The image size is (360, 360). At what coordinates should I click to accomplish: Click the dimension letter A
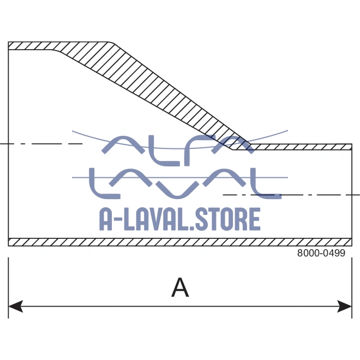180,287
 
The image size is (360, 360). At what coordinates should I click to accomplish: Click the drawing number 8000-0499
321,254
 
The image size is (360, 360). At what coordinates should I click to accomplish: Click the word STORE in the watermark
225,219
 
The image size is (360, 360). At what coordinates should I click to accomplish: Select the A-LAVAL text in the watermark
142,219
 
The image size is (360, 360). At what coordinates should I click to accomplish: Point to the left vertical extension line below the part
8,284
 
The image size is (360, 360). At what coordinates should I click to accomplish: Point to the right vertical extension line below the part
352,284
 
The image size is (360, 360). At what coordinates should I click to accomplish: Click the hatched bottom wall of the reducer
180,242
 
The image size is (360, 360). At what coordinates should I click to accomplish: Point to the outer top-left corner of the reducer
8,42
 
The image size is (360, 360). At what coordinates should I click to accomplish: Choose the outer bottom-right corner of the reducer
352,245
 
